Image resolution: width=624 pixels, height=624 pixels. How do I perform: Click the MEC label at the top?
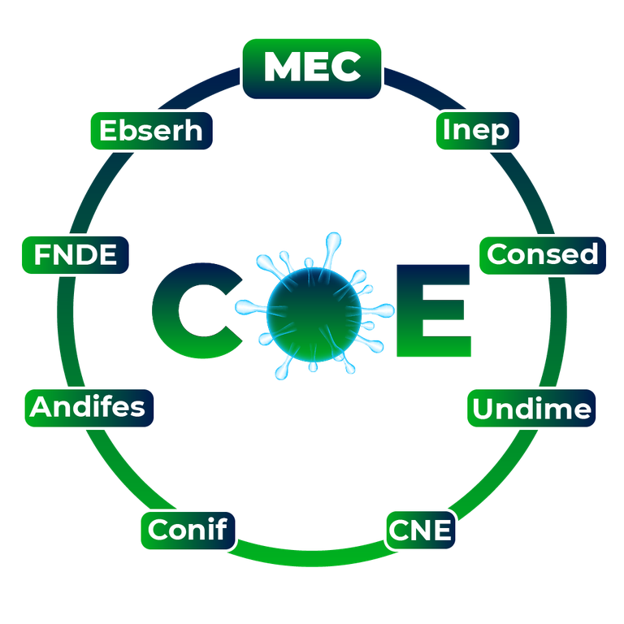312,68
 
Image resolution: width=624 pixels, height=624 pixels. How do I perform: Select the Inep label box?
477,131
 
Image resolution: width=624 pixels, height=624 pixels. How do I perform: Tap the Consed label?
543,255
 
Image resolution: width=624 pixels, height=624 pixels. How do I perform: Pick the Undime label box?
531,408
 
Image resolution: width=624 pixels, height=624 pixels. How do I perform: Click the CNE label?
420,530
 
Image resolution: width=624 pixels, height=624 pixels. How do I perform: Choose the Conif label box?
188,530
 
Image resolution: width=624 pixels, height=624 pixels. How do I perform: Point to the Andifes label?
89,407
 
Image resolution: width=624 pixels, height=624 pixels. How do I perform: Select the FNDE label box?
76,255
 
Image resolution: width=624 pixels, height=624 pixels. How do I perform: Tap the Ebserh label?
151,131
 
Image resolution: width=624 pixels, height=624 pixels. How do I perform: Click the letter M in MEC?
280,67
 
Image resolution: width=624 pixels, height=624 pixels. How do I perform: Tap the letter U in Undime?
484,409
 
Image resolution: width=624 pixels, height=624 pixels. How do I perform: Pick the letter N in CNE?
419,531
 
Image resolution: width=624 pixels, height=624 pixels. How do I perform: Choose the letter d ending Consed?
589,254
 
